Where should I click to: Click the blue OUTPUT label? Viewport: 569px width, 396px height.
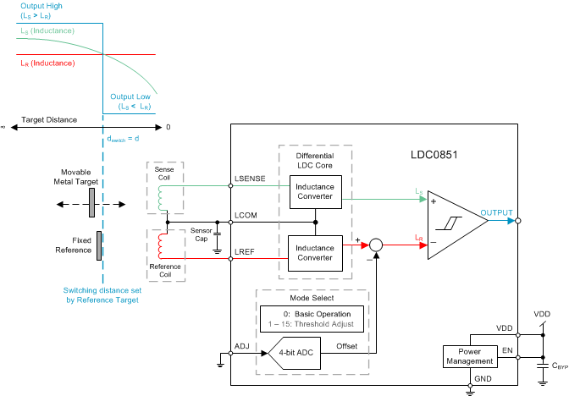tap(496, 212)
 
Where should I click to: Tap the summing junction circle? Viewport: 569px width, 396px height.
tap(378, 245)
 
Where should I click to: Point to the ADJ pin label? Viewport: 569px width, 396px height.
tap(241, 345)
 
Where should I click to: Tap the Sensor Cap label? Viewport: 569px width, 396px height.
tap(202, 233)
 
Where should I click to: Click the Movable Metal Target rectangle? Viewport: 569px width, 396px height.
tap(89, 203)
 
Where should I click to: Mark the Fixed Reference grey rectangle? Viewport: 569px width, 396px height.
tap(99, 245)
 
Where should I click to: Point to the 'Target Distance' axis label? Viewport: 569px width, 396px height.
tap(49, 120)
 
